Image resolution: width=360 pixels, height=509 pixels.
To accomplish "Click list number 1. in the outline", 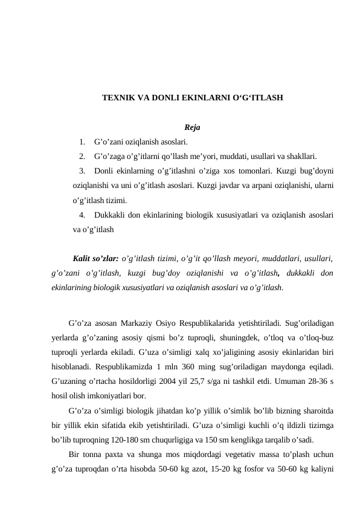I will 82,143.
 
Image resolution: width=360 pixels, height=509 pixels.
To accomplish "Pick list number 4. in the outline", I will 82,215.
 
